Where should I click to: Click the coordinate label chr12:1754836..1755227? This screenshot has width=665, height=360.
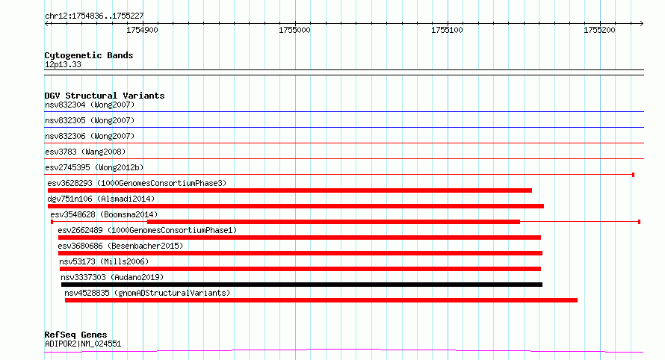click(94, 16)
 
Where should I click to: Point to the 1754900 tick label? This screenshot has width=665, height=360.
click(142, 30)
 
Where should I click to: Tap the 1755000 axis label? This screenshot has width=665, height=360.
click(294, 30)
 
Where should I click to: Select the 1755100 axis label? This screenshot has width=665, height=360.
click(447, 30)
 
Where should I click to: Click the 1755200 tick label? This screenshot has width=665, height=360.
click(599, 30)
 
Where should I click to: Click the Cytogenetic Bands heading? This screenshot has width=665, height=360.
click(89, 55)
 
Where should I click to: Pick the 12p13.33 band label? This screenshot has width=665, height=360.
click(63, 64)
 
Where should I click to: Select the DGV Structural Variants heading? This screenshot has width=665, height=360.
click(105, 96)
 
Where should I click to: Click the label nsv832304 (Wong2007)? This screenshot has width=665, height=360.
click(90, 105)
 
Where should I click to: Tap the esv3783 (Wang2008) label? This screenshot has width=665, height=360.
click(85, 152)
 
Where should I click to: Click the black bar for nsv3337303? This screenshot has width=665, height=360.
click(302, 285)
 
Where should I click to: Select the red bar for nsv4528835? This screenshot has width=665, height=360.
click(321, 300)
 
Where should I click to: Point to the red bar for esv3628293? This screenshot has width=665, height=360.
click(290, 190)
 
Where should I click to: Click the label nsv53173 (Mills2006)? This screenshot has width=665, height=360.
click(104, 261)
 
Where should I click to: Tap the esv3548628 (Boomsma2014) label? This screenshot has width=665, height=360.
click(104, 214)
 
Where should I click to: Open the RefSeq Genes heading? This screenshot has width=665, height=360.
click(75, 335)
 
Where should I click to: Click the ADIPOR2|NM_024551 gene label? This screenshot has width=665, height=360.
click(83, 344)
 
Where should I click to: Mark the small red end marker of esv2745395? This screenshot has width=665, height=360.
click(633, 175)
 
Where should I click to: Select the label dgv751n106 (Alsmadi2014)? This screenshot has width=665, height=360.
click(101, 199)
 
